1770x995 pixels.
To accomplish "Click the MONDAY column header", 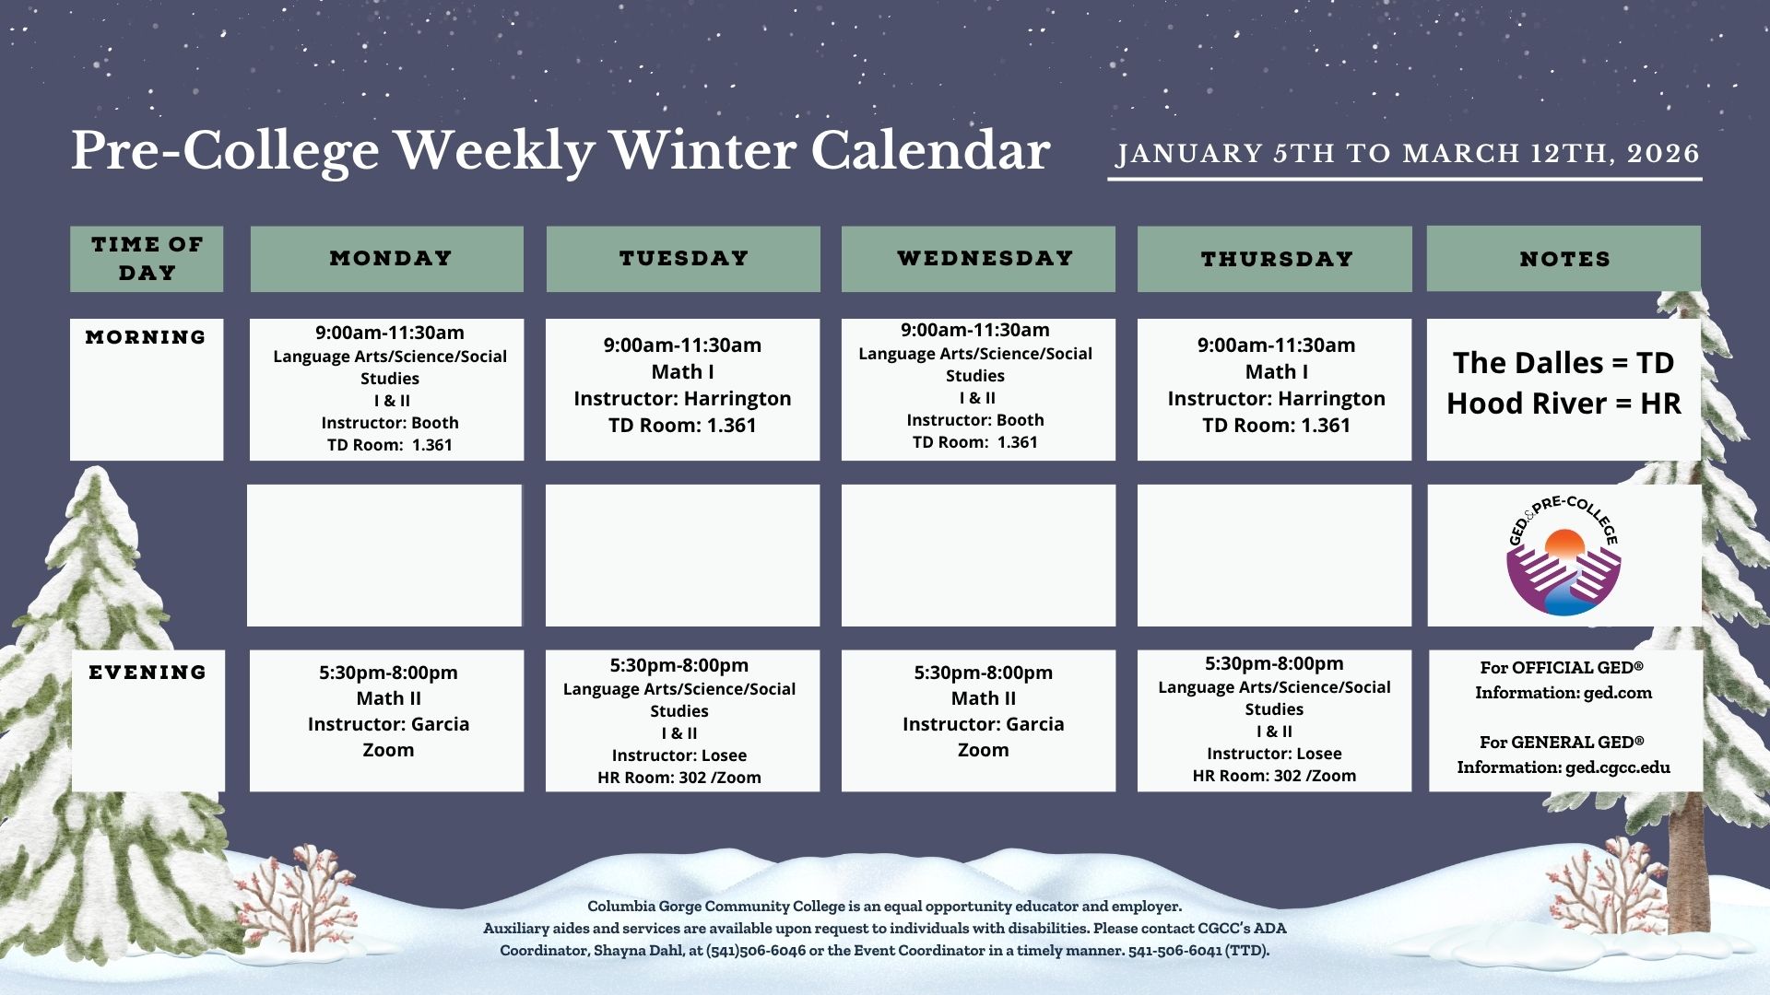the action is pos(387,259).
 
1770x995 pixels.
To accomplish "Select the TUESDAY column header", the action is pos(683,259).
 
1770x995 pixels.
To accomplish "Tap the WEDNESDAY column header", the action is pos(978,259).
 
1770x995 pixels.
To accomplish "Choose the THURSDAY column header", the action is pos(1274,259).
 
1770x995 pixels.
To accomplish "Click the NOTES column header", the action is pos(1563,259).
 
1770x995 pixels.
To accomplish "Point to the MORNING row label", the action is pos(146,337).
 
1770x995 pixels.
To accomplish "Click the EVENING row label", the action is pos(147,673).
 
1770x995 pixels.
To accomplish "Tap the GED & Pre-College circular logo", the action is pos(1563,556).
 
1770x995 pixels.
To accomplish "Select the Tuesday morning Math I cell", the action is pos(682,390).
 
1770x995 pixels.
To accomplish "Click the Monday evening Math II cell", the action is pos(387,720).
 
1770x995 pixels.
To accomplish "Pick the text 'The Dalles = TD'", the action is pos(1563,363).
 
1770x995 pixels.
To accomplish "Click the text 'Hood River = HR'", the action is pos(1563,404).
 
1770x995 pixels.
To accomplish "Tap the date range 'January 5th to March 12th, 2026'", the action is pos(1408,153).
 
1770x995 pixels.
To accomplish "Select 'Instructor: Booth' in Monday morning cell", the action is pos(390,423).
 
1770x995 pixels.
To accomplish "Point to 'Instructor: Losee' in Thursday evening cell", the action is pos(1274,754).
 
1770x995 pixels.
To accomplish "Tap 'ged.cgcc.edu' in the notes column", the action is pos(1618,767).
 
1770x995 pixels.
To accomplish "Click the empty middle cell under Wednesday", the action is pos(978,556).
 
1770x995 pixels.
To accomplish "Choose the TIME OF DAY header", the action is pos(147,259).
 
